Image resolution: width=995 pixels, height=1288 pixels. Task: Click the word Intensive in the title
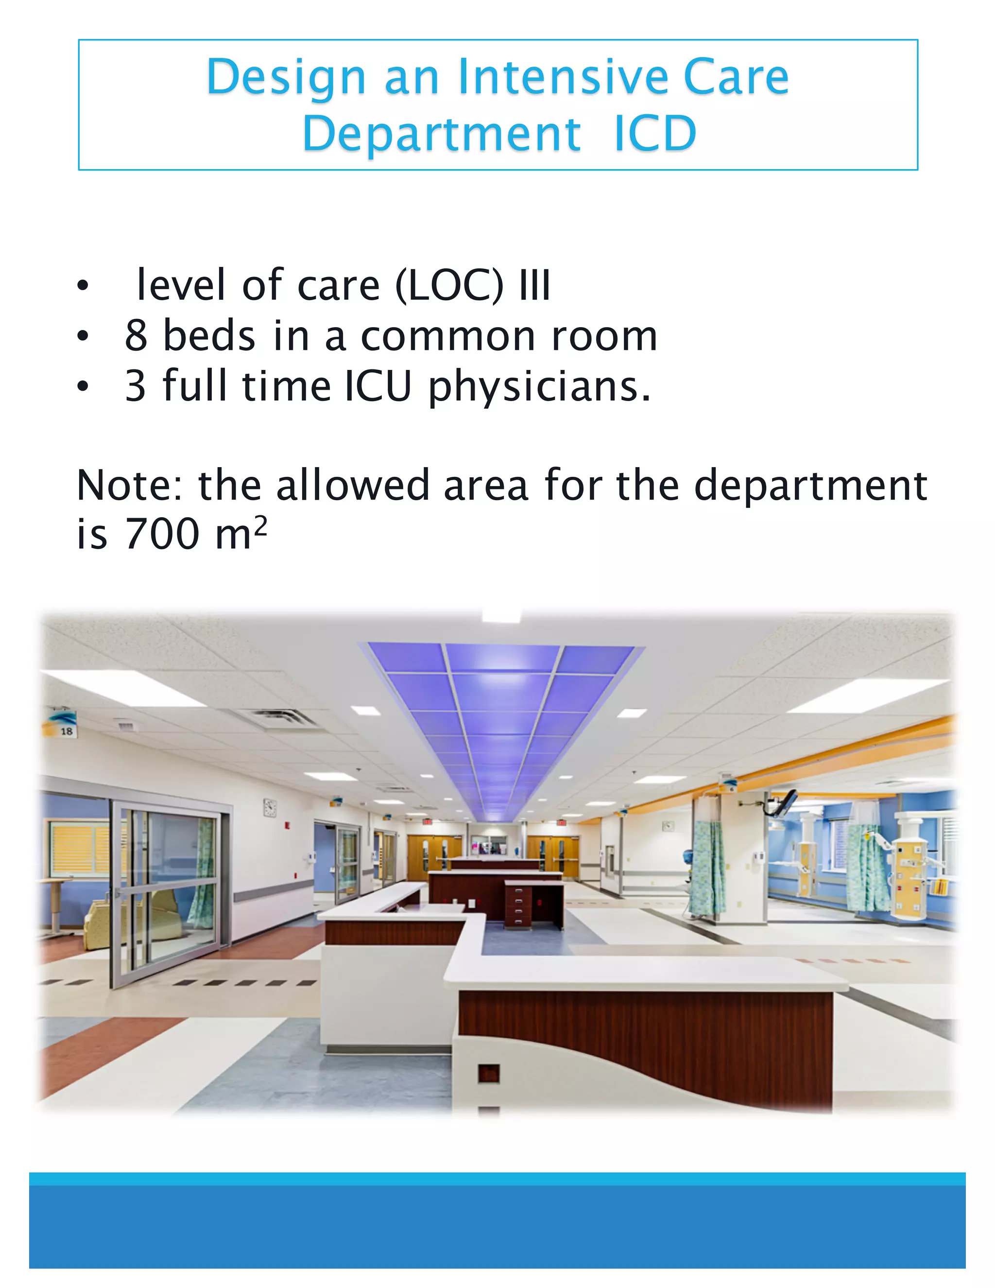coord(564,77)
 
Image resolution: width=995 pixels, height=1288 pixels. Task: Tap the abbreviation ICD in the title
coord(655,134)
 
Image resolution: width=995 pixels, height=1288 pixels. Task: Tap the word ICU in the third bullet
coord(377,387)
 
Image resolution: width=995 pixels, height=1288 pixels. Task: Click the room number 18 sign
coord(67,731)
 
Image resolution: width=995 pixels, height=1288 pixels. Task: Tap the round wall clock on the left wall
coord(270,807)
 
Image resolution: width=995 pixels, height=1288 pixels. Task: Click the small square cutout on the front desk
coord(489,1074)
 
